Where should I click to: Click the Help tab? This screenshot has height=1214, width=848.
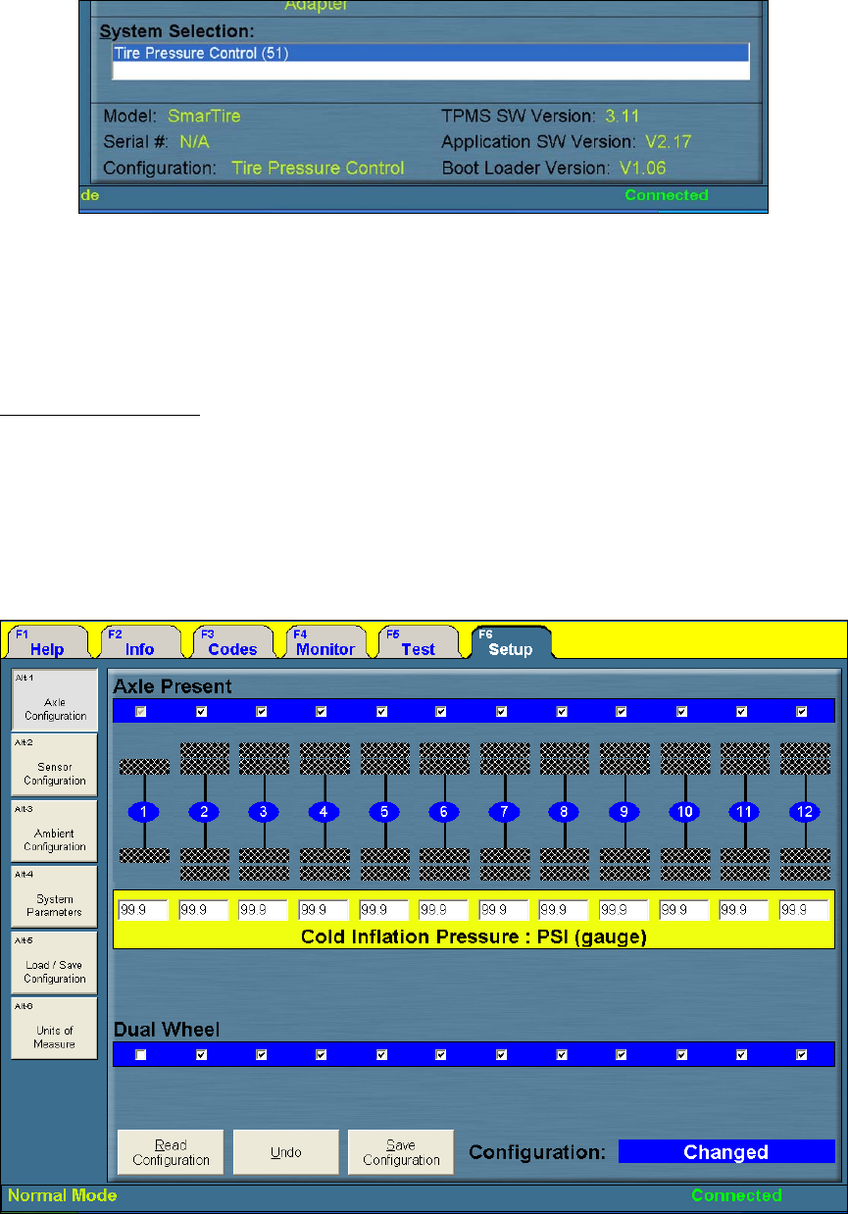pos(46,643)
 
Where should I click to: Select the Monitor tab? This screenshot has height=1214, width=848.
pos(324,643)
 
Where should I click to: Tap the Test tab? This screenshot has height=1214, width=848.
pos(418,643)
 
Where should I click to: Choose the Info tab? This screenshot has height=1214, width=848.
pos(139,643)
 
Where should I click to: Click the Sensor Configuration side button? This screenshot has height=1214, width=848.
pos(55,767)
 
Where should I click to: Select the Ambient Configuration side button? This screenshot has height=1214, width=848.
pos(55,833)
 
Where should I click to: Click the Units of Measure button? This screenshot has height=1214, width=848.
pos(55,1030)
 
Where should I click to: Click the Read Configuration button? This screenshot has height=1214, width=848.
pos(171,1152)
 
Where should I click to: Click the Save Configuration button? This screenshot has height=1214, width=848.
pos(401,1152)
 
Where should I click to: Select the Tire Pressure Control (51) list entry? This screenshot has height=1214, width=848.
pos(430,52)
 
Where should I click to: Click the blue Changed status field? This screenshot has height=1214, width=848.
pos(725,1152)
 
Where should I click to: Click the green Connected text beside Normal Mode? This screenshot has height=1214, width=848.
pos(736,1195)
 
